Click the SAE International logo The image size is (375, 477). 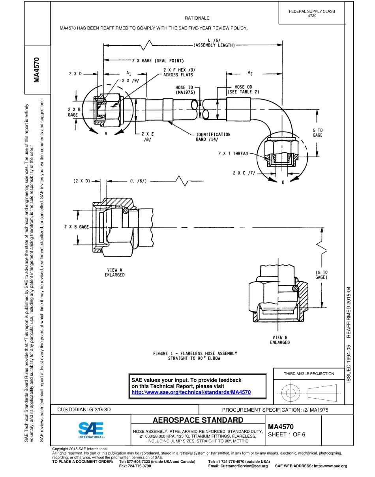[x=91, y=430]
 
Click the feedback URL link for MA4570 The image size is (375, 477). [x=191, y=392]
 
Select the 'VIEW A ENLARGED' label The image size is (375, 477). [x=114, y=272]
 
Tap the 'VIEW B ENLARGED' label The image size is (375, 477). [x=280, y=340]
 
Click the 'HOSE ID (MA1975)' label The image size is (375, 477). [x=185, y=90]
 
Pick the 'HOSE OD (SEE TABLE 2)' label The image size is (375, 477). [x=243, y=89]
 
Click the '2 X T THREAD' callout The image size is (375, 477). [x=233, y=154]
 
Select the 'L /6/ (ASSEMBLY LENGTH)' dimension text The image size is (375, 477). [x=214, y=43]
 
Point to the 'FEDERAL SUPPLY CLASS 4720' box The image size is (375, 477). [x=312, y=13]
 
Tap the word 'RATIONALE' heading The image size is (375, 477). [x=197, y=18]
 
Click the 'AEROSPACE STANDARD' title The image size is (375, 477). [x=198, y=419]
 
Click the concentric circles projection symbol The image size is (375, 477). [x=291, y=393]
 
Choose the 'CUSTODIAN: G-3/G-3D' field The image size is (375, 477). [x=84, y=410]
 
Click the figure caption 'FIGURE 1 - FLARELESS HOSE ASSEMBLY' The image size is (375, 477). [x=195, y=353]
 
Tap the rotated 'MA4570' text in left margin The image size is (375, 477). [x=37, y=70]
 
